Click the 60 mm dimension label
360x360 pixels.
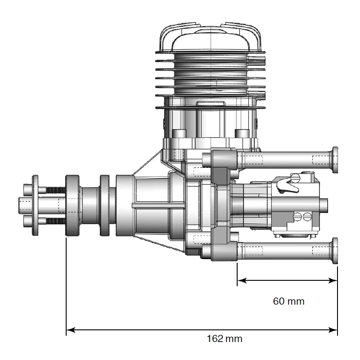[288, 301]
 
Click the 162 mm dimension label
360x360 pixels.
[225, 339]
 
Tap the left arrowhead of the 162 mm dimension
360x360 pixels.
[71, 330]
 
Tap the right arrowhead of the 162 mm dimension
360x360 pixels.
[333, 330]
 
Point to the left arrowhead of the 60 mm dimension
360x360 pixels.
[242, 280]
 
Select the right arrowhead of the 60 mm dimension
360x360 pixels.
[333, 280]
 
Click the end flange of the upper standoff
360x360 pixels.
[334, 160]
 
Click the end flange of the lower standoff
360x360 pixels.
[334, 251]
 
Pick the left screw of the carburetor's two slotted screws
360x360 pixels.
[297, 216]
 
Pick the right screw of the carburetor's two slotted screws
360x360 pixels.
[307, 216]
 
